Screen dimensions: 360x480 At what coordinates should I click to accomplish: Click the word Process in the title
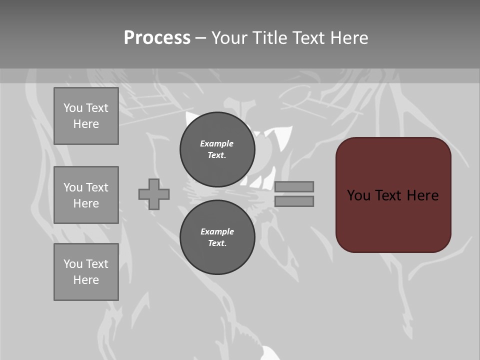(157, 38)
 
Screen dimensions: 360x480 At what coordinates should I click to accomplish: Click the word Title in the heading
(269, 38)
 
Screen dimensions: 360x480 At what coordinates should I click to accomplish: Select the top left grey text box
(86, 116)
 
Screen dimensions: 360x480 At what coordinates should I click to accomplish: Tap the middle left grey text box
(86, 195)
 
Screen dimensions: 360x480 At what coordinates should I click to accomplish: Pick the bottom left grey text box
(86, 272)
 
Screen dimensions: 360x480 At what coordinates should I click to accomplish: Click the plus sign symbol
(154, 194)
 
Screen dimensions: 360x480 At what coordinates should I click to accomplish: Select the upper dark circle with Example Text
(217, 149)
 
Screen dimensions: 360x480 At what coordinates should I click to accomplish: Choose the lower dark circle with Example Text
(217, 237)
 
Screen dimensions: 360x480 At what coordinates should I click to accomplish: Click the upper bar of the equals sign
(294, 186)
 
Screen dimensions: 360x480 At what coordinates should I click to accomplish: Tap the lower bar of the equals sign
(294, 201)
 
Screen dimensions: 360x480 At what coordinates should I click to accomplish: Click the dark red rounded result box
(393, 220)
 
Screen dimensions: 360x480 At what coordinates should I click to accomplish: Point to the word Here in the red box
(422, 195)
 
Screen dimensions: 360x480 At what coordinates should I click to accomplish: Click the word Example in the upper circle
(217, 143)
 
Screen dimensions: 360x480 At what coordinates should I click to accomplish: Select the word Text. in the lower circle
(217, 243)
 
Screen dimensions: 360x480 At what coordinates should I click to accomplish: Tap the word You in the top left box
(73, 108)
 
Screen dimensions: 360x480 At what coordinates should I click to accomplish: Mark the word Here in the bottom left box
(86, 280)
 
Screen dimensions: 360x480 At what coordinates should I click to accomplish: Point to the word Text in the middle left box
(97, 187)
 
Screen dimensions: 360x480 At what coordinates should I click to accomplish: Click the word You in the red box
(358, 195)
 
